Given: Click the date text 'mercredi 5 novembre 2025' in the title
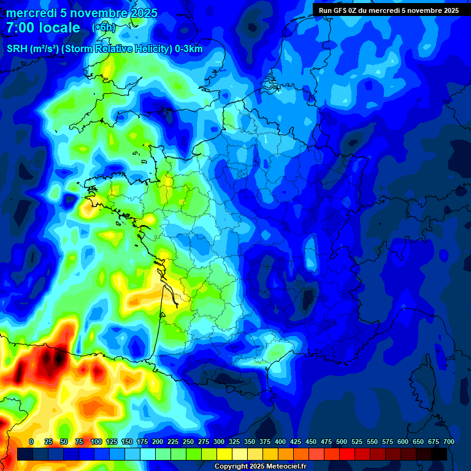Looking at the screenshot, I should pos(82,13).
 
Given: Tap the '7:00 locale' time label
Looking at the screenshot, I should pos(43,28).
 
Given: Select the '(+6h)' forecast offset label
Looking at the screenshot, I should pos(103,27).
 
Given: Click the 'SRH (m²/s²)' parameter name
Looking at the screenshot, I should pos(33,49).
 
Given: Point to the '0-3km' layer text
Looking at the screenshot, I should pos(189,49).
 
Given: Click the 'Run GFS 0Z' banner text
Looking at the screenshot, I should pos(345,10).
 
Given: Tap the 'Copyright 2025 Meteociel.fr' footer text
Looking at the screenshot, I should pos(260,467).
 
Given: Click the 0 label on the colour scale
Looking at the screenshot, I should pos(31,442).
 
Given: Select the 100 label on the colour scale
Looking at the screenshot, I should pos(96,442).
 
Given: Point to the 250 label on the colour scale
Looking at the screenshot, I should pos(188,442).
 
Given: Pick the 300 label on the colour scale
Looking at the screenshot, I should pos(219,442).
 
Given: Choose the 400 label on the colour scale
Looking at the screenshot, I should pos(280,442).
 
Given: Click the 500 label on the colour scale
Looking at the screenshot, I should pos(342,442).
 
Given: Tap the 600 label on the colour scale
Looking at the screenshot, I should pos(403,442).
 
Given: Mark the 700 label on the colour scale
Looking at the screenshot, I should pos(448,442).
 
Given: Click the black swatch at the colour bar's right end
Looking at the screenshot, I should pos(439,454).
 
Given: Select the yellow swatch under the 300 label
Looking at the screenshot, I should pos(224,454).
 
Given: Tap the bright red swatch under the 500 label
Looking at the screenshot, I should pos(347,454).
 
